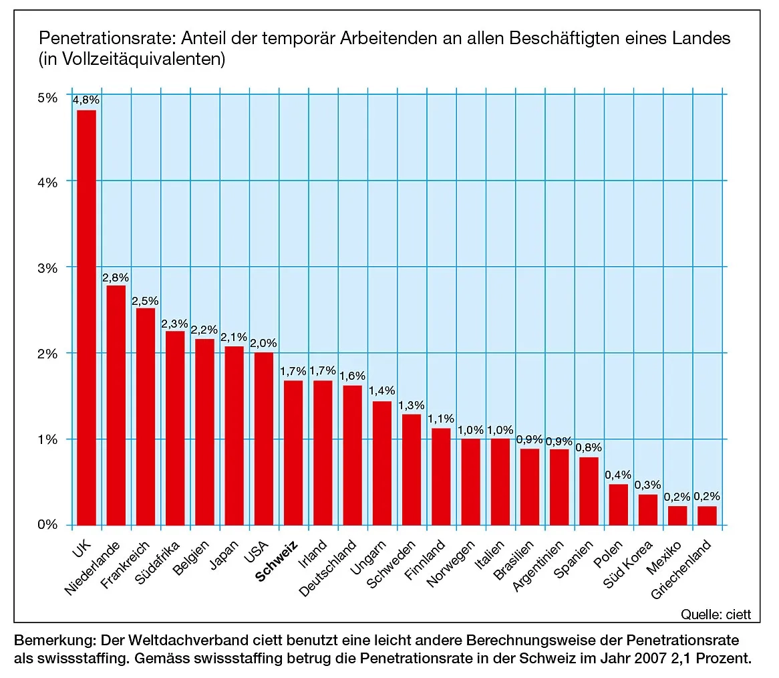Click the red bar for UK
point(86,318)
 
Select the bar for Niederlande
point(116,405)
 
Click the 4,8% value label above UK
point(86,100)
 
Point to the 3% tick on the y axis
point(49,267)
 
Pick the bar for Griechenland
point(706,516)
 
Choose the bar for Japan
point(234,435)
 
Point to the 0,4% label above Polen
point(618,475)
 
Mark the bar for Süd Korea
point(647,510)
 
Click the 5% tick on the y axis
point(49,97)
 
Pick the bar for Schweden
point(411,469)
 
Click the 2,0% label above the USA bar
point(263,343)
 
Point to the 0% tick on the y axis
point(49,526)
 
